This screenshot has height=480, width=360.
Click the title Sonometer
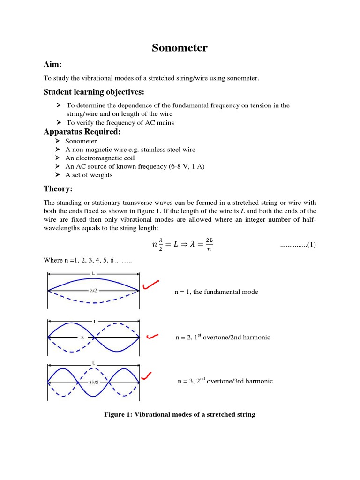[x=180, y=48]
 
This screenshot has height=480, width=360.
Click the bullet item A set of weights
[x=89, y=175]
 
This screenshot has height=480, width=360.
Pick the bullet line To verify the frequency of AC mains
[x=120, y=123]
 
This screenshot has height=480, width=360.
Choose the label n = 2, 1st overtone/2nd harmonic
[x=223, y=337]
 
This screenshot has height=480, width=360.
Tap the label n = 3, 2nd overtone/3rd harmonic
[x=225, y=381]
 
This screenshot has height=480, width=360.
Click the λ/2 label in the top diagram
[x=94, y=290]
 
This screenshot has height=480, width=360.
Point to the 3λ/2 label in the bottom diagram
[x=94, y=382]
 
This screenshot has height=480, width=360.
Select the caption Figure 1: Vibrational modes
[x=180, y=415]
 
